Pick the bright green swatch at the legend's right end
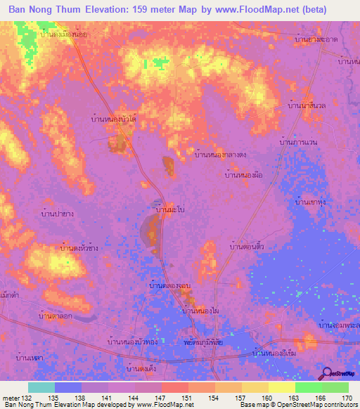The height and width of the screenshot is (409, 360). click(x=335, y=387)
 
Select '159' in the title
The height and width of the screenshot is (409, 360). click(x=153, y=10)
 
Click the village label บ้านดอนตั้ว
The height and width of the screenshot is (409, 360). click(x=246, y=247)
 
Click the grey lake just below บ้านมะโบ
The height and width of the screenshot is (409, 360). click(x=150, y=232)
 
